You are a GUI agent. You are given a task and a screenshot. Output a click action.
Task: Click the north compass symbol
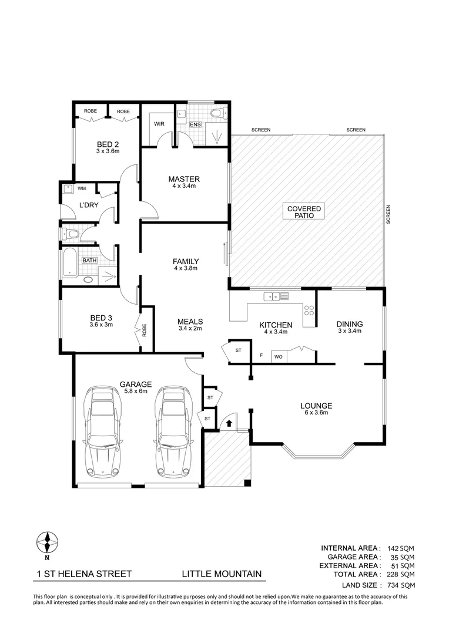click(46, 543)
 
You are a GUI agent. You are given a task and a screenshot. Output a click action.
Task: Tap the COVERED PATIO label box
click(304, 212)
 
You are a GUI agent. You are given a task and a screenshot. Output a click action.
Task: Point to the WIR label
click(159, 124)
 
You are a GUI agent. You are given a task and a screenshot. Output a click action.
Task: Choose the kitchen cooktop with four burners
click(309, 311)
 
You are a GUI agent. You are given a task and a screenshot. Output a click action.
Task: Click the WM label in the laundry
click(82, 188)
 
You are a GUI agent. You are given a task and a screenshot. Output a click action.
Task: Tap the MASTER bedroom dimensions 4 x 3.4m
click(184, 186)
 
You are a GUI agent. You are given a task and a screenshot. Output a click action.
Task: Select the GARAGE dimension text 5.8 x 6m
click(135, 392)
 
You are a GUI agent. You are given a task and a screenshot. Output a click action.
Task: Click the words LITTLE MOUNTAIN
click(222, 574)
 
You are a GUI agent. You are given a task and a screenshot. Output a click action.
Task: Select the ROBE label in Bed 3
click(144, 330)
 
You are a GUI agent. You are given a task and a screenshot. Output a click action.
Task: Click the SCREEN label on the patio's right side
click(388, 215)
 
